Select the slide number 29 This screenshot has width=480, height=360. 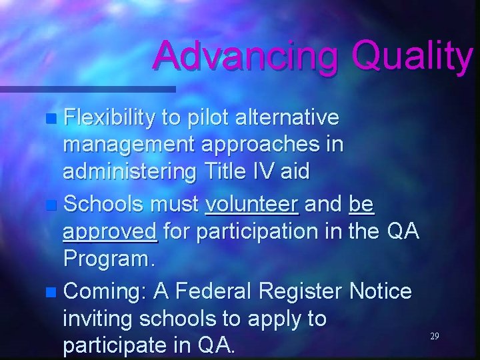434,337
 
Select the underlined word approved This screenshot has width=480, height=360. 110,232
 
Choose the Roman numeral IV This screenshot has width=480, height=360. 265,172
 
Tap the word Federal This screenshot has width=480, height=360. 215,291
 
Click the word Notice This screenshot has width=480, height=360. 381,291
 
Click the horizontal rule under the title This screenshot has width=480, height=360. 87,88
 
